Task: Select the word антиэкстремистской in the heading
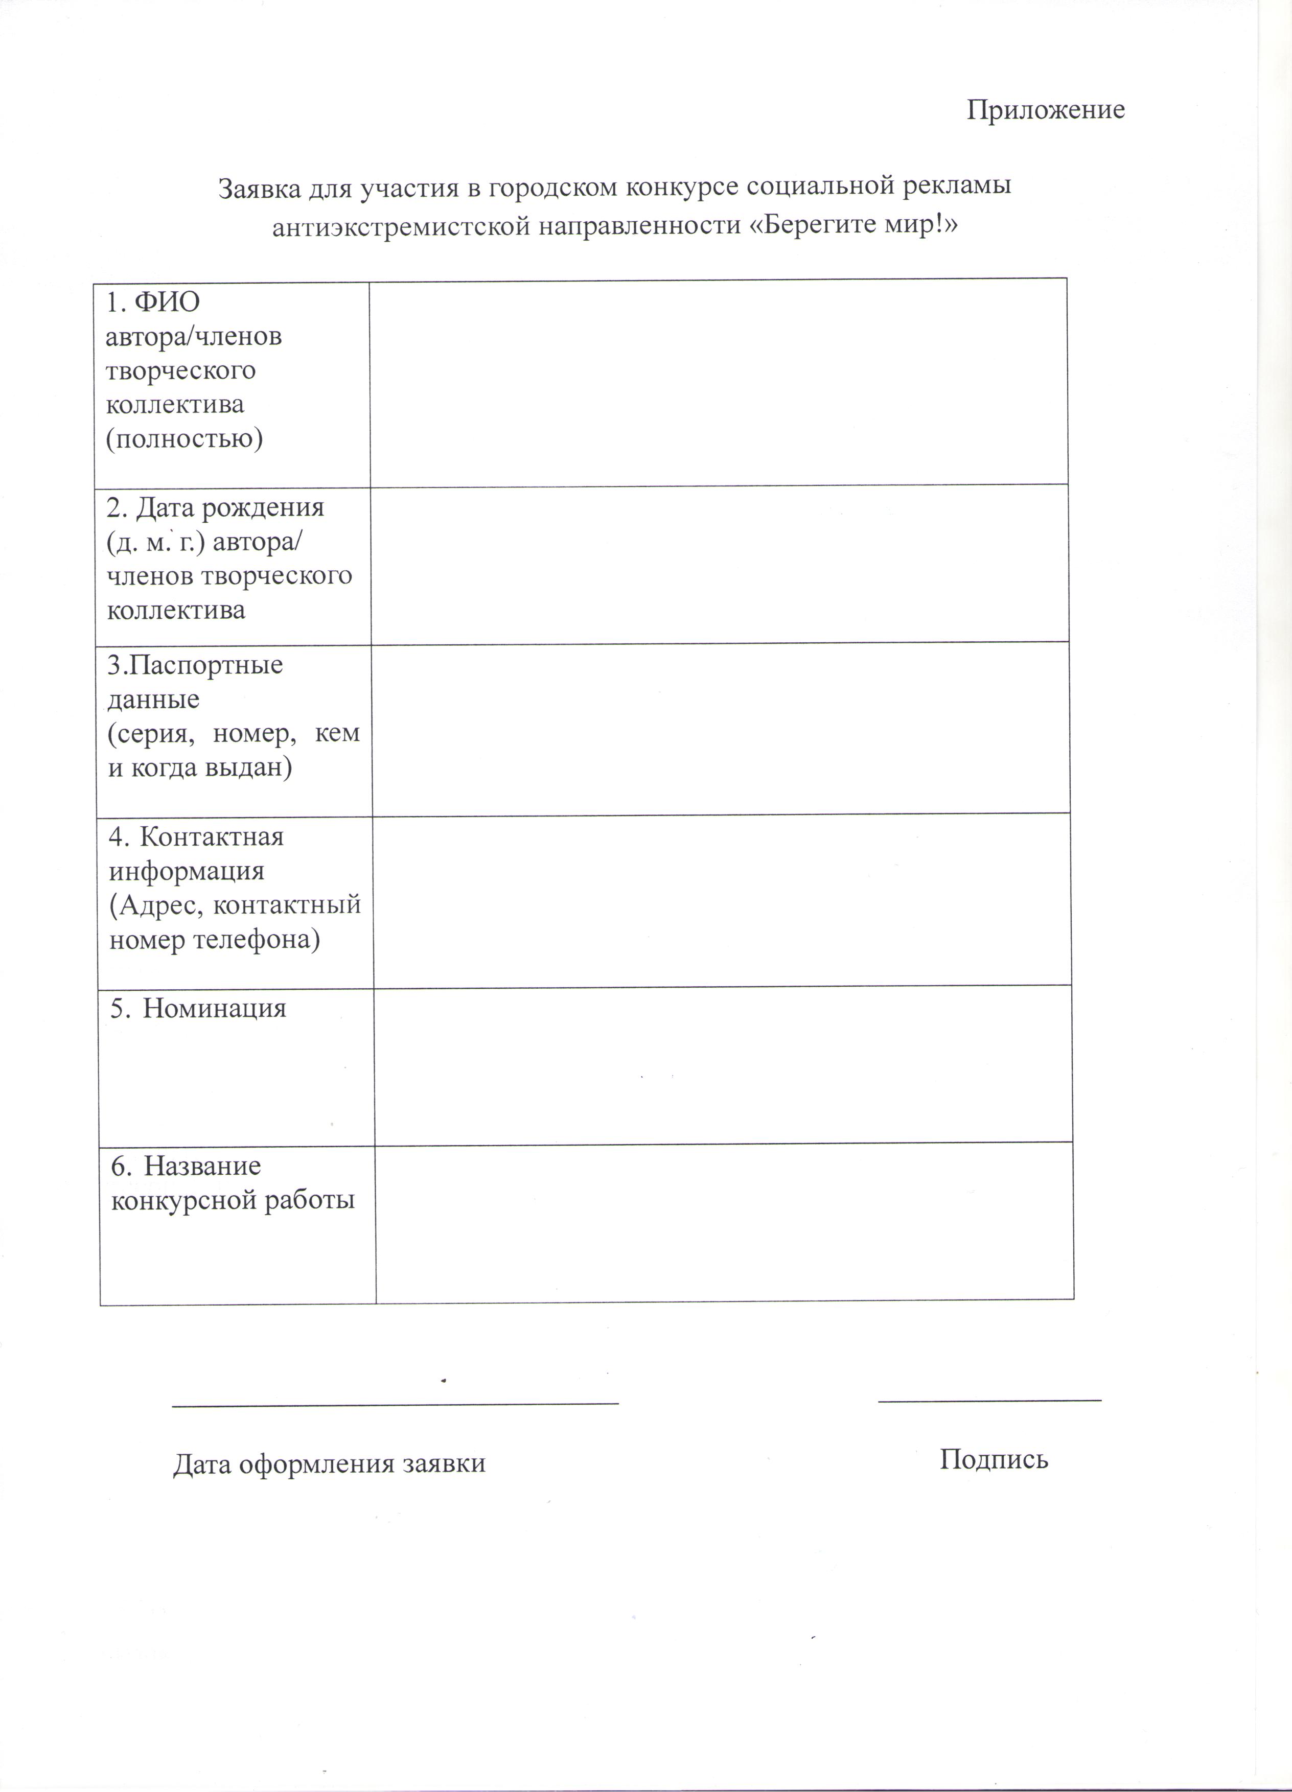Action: [400, 227]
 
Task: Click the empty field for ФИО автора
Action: [718, 383]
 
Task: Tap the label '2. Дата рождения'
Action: [215, 507]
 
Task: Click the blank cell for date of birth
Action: [719, 564]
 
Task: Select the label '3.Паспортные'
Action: [194, 665]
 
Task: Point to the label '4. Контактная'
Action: [196, 837]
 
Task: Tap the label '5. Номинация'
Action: [198, 1009]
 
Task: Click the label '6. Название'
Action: [186, 1166]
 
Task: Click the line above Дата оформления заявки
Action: [395, 1403]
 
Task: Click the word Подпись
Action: [994, 1458]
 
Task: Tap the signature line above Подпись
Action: [989, 1400]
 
